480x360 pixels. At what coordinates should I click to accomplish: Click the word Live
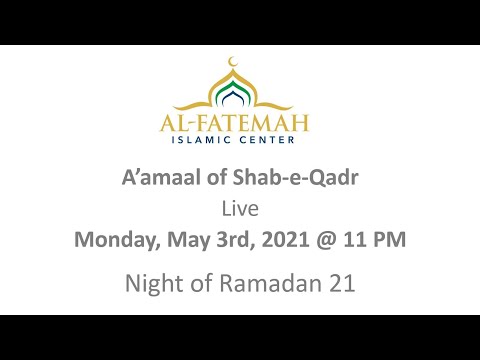(239, 210)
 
